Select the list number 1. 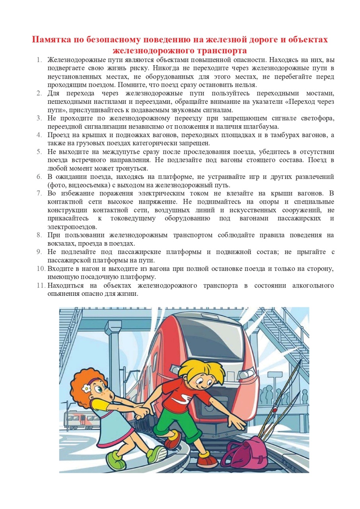point(39,60)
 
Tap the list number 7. point(39,193)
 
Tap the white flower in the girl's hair point(86,388)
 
